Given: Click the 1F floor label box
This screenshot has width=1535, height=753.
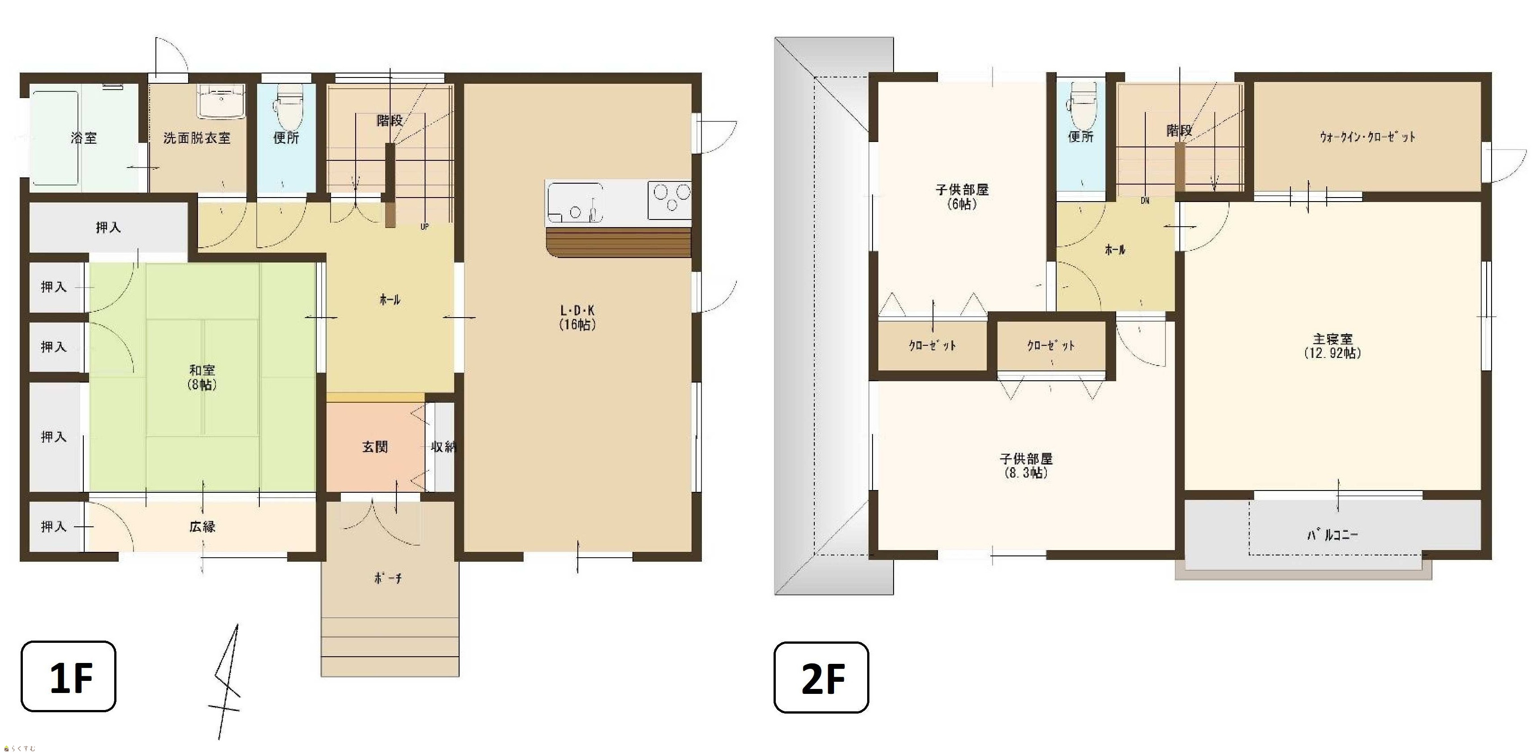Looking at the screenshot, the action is (69, 676).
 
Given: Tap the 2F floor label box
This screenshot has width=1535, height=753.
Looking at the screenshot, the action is (821, 677).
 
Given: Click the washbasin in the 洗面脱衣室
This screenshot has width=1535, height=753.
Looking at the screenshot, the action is (221, 101).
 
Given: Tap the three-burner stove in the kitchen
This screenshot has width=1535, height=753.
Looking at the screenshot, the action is (670, 199).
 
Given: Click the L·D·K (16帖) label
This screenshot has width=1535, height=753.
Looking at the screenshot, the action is (577, 318).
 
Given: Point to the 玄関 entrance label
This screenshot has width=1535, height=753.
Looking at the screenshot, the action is (375, 447).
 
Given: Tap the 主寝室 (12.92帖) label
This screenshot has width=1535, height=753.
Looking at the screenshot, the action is (1333, 345).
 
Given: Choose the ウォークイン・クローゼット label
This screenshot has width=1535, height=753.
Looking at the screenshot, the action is (1367, 137).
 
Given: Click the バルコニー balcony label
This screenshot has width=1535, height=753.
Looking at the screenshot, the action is (1333, 534).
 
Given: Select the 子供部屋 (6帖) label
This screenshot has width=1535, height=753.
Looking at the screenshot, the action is (962, 197).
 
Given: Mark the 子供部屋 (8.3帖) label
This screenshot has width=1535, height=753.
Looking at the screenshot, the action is (1026, 466).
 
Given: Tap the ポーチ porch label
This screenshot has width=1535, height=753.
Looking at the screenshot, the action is (387, 578).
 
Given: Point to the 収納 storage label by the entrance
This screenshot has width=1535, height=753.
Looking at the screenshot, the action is (443, 446).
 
